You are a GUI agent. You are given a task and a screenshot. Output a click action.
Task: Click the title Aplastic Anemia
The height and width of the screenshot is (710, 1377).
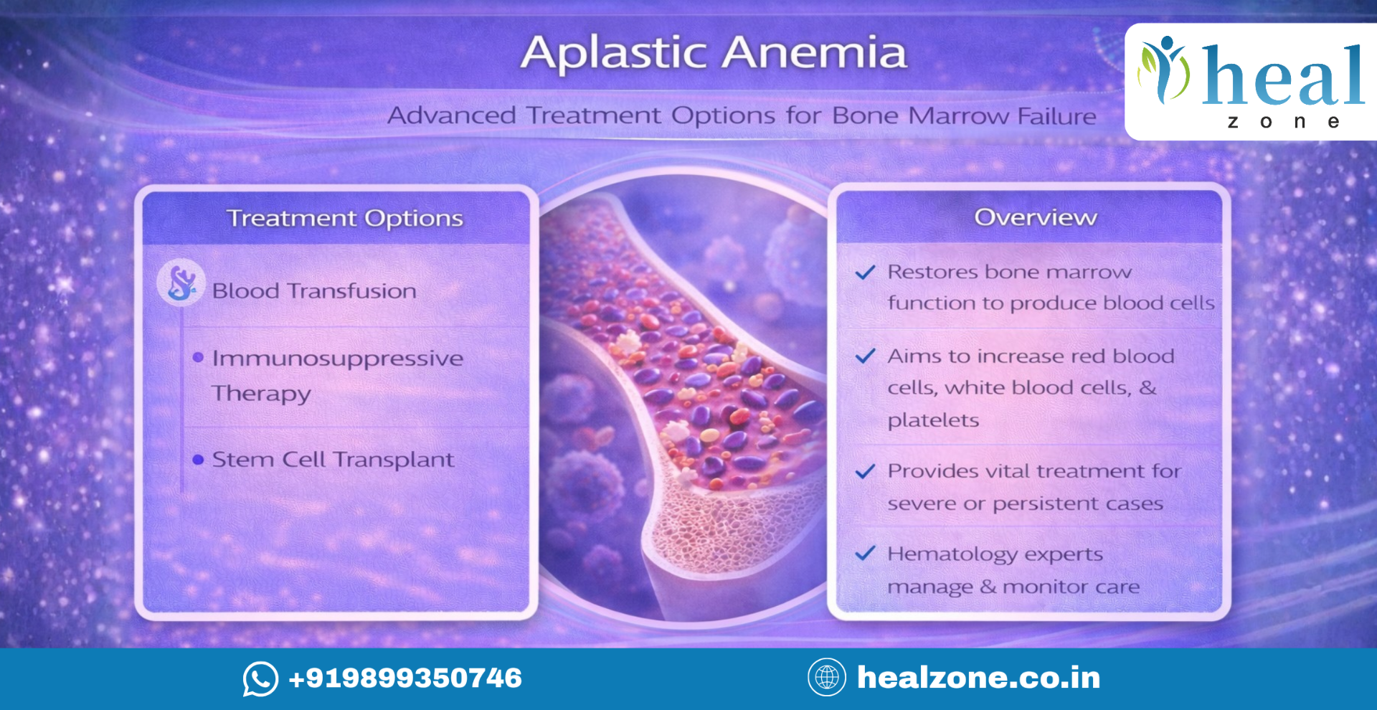tap(714, 52)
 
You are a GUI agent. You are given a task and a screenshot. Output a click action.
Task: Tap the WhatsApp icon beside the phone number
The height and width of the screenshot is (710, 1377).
tap(260, 678)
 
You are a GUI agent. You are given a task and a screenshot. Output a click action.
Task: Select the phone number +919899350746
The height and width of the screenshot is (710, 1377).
tap(405, 678)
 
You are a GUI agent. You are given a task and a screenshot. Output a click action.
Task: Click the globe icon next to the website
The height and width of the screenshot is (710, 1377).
tap(827, 677)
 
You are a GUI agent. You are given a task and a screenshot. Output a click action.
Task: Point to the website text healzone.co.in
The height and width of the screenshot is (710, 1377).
tap(979, 678)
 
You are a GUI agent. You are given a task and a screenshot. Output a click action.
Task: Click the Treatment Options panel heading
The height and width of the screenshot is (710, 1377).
tap(345, 218)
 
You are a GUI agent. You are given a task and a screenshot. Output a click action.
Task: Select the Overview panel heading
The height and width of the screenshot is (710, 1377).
tap(1036, 217)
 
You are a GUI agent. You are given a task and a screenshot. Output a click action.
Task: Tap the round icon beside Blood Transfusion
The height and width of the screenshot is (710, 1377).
tap(181, 283)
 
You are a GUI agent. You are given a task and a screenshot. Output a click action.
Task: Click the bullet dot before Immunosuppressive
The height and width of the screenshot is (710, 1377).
tap(199, 357)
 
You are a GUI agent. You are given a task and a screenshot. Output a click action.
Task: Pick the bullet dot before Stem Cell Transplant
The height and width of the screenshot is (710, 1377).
tap(199, 459)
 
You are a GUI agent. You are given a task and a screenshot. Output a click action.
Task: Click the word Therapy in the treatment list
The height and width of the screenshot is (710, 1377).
tap(262, 394)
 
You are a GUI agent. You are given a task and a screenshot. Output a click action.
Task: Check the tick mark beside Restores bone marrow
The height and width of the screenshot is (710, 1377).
tap(866, 273)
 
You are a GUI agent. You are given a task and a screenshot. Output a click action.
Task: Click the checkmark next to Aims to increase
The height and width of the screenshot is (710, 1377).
tap(866, 356)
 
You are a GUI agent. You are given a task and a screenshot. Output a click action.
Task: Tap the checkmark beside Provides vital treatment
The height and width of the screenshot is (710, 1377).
tap(866, 471)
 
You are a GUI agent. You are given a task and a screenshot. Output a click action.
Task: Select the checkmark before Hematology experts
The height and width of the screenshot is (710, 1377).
tap(866, 553)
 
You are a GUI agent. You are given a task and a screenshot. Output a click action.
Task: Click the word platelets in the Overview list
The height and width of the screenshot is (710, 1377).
tap(933, 420)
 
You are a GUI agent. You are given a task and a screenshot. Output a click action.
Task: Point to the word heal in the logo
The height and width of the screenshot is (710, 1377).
tap(1283, 75)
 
